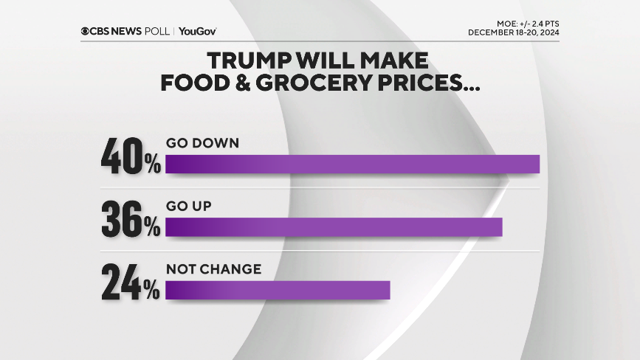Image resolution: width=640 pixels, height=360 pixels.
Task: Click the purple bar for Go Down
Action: [x=353, y=164]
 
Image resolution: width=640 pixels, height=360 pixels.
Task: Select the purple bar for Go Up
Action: [x=334, y=227]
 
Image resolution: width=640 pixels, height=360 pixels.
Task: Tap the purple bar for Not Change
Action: [x=278, y=291]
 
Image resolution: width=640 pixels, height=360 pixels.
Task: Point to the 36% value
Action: [x=131, y=219]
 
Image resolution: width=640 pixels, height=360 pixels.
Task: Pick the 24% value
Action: [x=131, y=283]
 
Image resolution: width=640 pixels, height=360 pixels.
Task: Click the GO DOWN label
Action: [x=202, y=143]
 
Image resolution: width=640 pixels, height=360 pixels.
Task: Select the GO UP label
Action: [x=189, y=207]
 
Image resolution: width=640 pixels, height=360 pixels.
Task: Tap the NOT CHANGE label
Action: [x=213, y=269]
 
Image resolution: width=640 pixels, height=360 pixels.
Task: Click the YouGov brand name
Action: [x=197, y=31]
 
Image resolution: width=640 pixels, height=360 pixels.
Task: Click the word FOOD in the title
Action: [x=190, y=83]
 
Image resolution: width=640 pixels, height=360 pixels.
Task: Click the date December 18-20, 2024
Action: [x=513, y=33]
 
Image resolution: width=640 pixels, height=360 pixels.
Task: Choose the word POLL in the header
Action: [x=157, y=31]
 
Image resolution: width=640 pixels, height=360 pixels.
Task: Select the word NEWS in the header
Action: [x=128, y=31]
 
